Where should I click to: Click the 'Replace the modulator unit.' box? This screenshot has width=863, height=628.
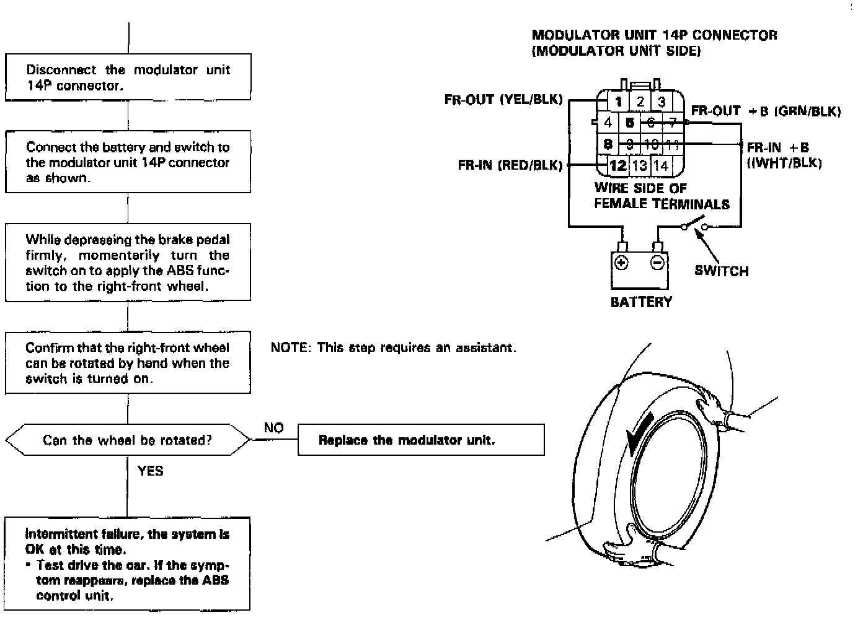pyautogui.click(x=421, y=440)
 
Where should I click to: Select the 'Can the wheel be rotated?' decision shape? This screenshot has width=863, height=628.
pyautogui.click(x=128, y=440)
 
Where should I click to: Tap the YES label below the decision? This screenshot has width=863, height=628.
pyautogui.click(x=151, y=471)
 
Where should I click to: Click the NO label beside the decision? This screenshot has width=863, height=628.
pyautogui.click(x=273, y=428)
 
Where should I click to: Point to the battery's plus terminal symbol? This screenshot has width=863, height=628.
pyautogui.click(x=621, y=263)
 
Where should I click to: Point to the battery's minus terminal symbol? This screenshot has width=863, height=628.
pyautogui.click(x=657, y=263)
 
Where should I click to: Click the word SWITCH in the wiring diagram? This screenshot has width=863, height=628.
pyautogui.click(x=721, y=271)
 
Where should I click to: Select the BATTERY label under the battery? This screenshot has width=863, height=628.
pyautogui.click(x=641, y=302)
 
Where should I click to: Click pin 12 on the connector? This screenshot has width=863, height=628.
pyautogui.click(x=617, y=165)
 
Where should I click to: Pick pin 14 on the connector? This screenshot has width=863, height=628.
pyautogui.click(x=661, y=165)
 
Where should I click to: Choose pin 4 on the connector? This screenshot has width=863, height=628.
pyautogui.click(x=608, y=123)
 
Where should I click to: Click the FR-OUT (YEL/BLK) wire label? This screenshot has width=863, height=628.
pyautogui.click(x=503, y=99)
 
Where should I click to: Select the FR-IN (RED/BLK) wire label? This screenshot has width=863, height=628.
pyautogui.click(x=510, y=165)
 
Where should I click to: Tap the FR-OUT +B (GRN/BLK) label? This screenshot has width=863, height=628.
pyautogui.click(x=766, y=111)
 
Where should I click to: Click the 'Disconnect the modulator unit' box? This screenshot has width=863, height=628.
pyautogui.click(x=128, y=77)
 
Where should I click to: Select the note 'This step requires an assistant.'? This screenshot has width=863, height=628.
pyautogui.click(x=393, y=347)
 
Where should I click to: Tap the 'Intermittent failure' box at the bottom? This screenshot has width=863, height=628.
pyautogui.click(x=128, y=564)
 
